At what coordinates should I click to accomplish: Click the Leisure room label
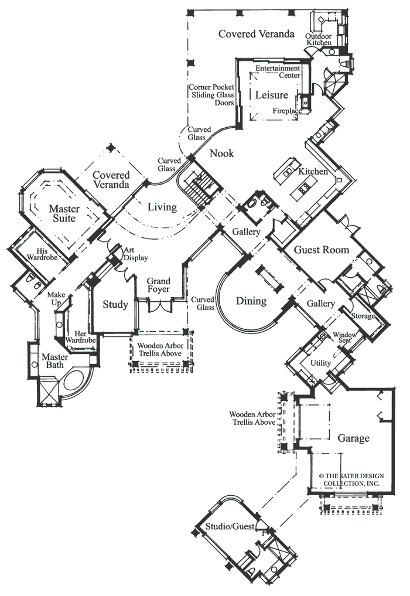coord(271,95)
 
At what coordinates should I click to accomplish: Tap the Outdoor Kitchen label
coord(318,40)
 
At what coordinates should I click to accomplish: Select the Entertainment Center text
coord(277,71)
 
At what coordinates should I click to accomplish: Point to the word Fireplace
coord(287,110)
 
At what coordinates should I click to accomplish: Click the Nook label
coord(222,154)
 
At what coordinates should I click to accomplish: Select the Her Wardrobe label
coord(80,336)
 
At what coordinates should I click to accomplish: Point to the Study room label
coord(115,305)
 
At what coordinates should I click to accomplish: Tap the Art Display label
coord(135,254)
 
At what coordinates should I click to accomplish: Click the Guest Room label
coord(321,250)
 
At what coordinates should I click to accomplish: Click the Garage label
coord(353,438)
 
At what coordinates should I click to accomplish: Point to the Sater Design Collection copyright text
coord(350,480)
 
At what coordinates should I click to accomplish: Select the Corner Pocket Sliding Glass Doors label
coord(211,94)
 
